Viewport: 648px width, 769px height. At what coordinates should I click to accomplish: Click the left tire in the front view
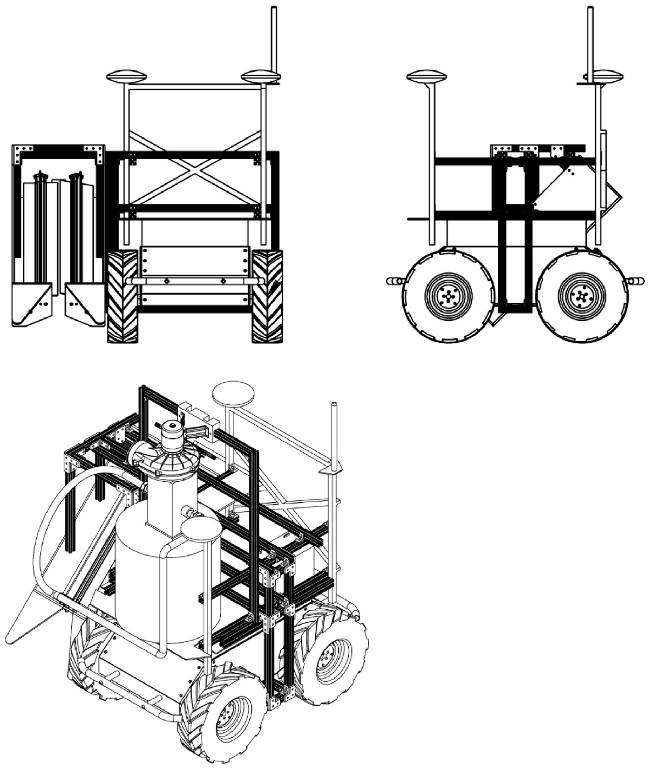[122, 297]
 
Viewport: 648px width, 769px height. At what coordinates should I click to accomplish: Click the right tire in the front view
[267, 297]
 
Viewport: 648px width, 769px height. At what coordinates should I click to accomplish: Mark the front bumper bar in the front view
[195, 281]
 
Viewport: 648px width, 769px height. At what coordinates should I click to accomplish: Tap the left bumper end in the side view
[392, 280]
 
